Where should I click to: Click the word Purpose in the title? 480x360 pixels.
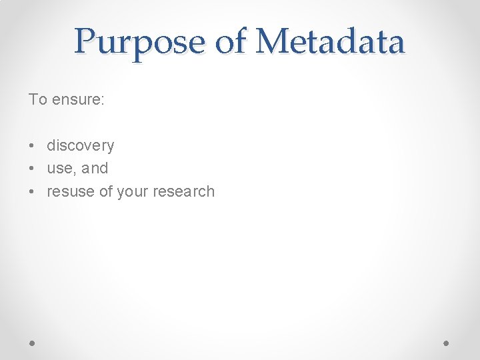pyautogui.click(x=139, y=41)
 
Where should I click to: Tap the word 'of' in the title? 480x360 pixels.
pyautogui.click(x=231, y=41)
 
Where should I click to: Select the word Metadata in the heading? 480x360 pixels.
pyautogui.click(x=331, y=41)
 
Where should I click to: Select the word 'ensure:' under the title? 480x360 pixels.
pyautogui.click(x=78, y=100)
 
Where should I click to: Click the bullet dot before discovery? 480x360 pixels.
pyautogui.click(x=31, y=146)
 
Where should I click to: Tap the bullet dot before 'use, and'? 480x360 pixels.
pyautogui.click(x=31, y=169)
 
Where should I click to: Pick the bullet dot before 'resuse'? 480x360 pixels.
pyautogui.click(x=31, y=192)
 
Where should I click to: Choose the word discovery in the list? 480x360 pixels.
pyautogui.click(x=80, y=146)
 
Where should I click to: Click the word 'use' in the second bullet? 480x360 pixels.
pyautogui.click(x=59, y=169)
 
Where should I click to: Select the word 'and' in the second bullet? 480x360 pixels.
pyautogui.click(x=95, y=169)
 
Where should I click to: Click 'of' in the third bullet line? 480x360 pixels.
pyautogui.click(x=105, y=192)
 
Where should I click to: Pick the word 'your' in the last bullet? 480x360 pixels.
pyautogui.click(x=132, y=192)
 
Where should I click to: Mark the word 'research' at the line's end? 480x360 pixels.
pyautogui.click(x=183, y=192)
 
